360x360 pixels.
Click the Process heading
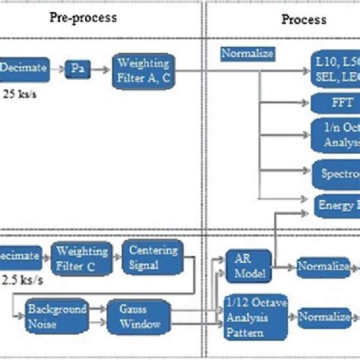pyautogui.click(x=304, y=19)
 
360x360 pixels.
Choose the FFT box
pyautogui.click(x=335, y=103)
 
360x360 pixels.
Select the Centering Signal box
pyautogui.click(x=153, y=256)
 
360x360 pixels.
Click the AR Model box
pyautogui.click(x=248, y=267)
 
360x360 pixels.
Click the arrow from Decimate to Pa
pyautogui.click(x=58, y=68)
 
